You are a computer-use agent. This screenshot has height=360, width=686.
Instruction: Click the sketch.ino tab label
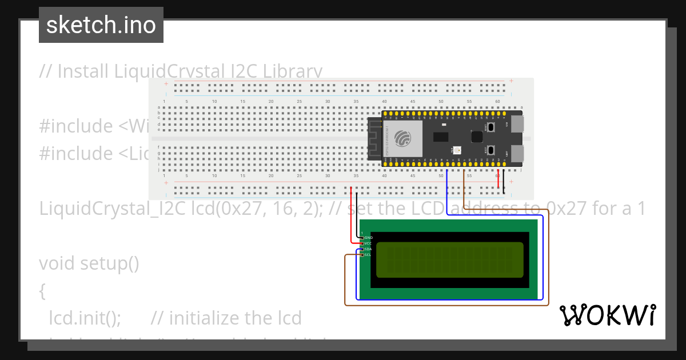[x=101, y=25]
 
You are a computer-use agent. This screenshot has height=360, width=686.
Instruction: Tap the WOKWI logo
[x=607, y=315]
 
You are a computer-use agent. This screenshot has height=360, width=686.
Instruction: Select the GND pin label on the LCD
[x=368, y=238]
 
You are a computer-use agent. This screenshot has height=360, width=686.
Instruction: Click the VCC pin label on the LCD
[x=368, y=243]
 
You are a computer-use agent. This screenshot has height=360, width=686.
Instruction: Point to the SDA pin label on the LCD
[x=368, y=249]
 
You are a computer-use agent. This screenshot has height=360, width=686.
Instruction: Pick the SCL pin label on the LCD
[x=368, y=255]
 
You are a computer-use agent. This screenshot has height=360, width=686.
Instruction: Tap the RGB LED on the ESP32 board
[x=456, y=150]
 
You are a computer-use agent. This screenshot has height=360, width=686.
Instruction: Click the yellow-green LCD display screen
[x=450, y=259]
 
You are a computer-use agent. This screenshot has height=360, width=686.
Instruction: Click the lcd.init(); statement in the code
[x=85, y=318]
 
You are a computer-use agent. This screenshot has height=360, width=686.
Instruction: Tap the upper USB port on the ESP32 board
[x=516, y=124]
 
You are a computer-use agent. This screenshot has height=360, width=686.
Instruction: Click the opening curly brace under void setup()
[x=42, y=291]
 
